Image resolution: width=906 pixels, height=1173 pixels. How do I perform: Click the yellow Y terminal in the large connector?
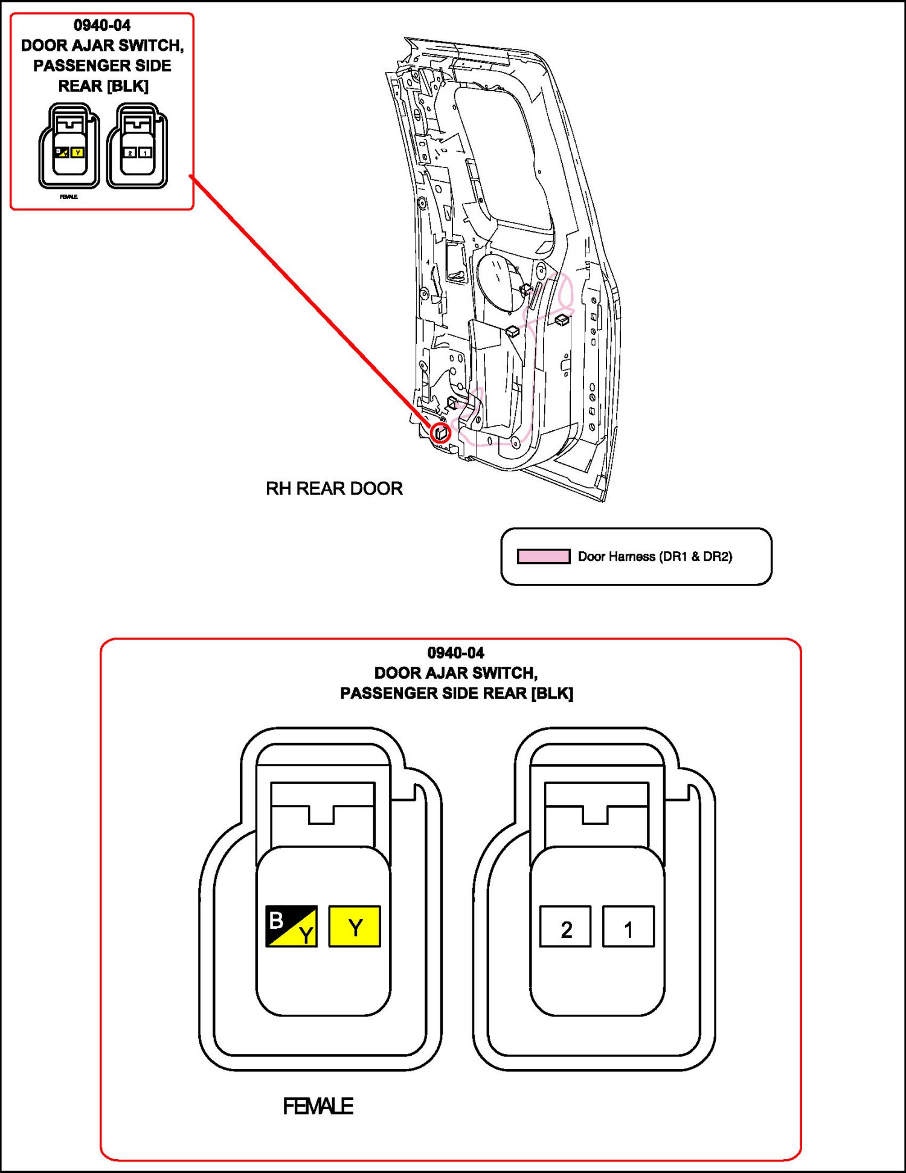[x=355, y=926]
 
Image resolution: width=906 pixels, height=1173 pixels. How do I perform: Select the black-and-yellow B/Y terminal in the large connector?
[x=291, y=926]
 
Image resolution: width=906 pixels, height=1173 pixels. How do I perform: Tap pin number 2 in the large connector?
[x=565, y=926]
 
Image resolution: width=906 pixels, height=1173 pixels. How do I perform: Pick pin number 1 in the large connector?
[x=628, y=926]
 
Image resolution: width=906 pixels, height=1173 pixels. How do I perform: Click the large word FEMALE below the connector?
[x=318, y=1107]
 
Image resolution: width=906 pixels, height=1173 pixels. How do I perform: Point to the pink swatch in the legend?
[x=543, y=556]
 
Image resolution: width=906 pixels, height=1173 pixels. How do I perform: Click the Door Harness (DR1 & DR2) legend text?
[x=655, y=557]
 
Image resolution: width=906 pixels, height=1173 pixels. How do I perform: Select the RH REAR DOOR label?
[x=334, y=488]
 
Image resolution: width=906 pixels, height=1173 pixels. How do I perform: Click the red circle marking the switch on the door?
[x=441, y=433]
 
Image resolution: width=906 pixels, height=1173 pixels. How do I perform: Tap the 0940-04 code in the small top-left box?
[x=102, y=25]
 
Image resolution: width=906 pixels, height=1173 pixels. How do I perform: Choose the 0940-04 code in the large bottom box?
[x=455, y=653]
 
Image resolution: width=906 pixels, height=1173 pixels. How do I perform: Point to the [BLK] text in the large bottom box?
[x=552, y=693]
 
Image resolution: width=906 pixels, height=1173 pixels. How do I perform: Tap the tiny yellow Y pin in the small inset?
[x=77, y=152]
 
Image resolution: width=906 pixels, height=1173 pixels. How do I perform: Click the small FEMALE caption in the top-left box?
[x=68, y=197]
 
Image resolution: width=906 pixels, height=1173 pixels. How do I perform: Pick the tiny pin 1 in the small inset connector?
[x=145, y=153]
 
